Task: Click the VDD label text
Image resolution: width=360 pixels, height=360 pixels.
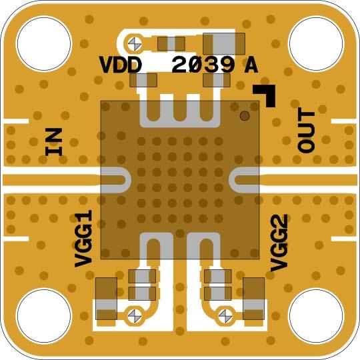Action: [120, 65]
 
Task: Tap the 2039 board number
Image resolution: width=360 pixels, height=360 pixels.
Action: [203, 65]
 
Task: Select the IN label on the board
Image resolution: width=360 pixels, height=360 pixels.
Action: [54, 141]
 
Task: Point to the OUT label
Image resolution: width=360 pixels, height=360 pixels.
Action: [306, 131]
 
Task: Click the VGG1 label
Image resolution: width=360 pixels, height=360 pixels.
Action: [83, 239]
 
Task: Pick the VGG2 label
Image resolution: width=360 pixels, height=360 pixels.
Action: [279, 243]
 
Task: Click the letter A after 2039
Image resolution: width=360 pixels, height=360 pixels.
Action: [251, 65]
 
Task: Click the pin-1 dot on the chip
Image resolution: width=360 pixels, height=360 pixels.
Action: [245, 116]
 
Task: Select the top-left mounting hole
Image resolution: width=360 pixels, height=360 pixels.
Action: [43, 43]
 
